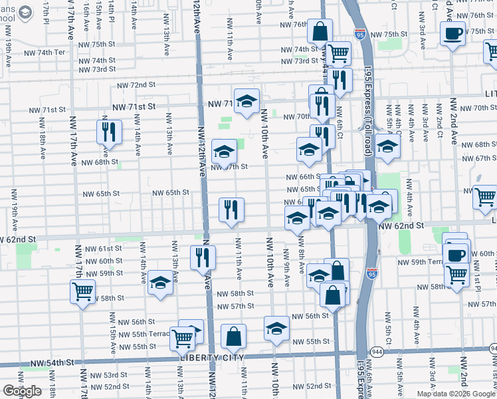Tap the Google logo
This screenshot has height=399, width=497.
coord(22,391)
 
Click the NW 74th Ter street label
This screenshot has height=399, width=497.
coord(45,52)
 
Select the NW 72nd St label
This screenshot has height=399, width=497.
coord(136,85)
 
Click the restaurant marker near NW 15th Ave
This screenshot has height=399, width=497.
coord(108,132)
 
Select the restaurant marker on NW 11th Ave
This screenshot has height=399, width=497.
coord(231,209)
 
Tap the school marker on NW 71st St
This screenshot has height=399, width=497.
coord(247,101)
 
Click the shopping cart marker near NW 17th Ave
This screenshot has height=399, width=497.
coord(82,291)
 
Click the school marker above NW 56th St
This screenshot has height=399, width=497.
coord(276,328)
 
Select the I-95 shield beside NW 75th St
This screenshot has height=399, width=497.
coord(359,33)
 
